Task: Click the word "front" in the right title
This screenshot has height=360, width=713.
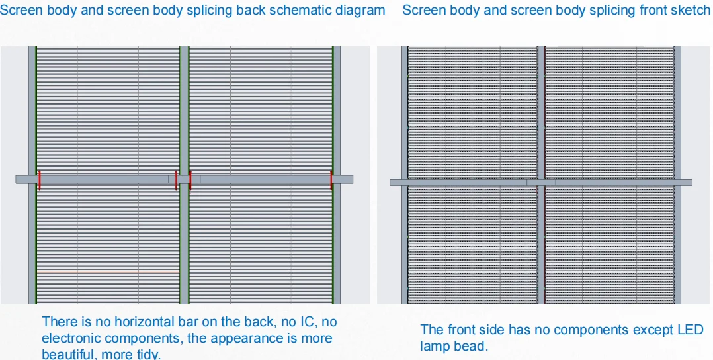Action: pyautogui.click(x=647, y=11)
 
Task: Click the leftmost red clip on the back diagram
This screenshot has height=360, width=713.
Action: pyautogui.click(x=39, y=179)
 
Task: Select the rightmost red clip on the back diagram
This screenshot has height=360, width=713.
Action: pyautogui.click(x=331, y=179)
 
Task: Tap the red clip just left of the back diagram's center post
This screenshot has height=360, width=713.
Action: pyautogui.click(x=177, y=179)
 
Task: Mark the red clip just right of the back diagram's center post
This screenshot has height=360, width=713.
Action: pyautogui.click(x=190, y=179)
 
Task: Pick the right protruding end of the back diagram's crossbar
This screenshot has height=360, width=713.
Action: pyautogui.click(x=346, y=179)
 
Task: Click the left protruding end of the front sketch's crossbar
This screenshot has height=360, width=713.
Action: pyautogui.click(x=396, y=183)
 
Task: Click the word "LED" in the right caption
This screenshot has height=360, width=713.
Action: pyautogui.click(x=691, y=330)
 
